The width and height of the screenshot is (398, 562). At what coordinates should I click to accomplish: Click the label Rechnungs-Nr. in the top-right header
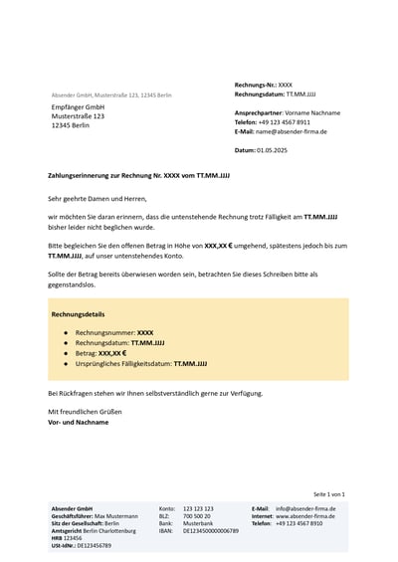coord(255,86)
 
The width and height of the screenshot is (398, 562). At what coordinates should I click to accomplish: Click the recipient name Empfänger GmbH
coord(79,106)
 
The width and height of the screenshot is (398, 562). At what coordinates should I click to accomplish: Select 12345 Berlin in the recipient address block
coord(71,125)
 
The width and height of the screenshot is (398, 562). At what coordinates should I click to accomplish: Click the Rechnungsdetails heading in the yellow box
coord(79,313)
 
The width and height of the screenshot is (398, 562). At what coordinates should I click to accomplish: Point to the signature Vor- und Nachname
coord(79,422)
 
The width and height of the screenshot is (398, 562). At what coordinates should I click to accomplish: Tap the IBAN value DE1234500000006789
coord(211,531)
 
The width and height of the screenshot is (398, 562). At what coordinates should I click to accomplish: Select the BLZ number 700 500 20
coord(197,516)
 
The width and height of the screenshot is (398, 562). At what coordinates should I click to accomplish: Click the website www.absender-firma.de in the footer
coord(305,516)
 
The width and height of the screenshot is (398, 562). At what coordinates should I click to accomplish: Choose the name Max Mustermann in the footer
coord(116,516)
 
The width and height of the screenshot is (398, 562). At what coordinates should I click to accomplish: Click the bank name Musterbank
coord(198,523)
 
